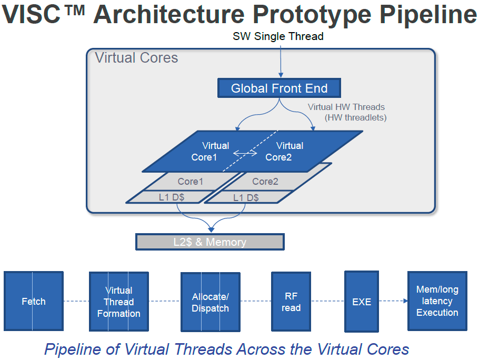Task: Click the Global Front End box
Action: coord(279,88)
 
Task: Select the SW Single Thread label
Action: coord(278,36)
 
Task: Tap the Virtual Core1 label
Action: coord(216,151)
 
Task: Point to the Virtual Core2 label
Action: coord(284,151)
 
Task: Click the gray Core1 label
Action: coord(190,182)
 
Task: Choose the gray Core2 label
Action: coord(265,182)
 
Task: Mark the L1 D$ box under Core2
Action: coord(246,197)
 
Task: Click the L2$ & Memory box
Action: coord(210,242)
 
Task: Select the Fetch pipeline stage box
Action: coord(34,301)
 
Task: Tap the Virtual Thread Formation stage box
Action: coord(118,302)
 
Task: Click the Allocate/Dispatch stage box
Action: coord(210,303)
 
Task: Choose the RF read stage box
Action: coord(291,302)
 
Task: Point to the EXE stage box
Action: coord(361,301)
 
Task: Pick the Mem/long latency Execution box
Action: coord(437,301)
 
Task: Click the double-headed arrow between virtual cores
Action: coord(245,154)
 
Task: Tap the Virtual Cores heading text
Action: coord(136,58)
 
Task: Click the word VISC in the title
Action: coord(33,15)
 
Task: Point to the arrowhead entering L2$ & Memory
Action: coord(212,229)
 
